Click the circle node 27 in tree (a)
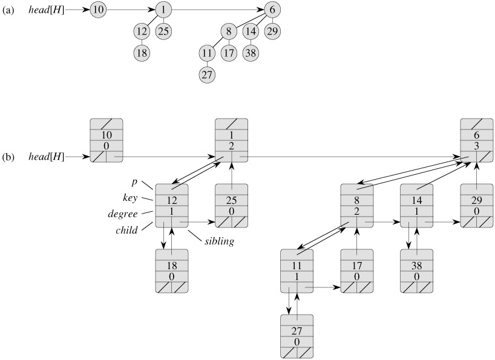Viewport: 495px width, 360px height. click(207, 76)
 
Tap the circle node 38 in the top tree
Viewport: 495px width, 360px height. click(251, 53)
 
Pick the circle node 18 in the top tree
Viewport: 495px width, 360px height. click(142, 53)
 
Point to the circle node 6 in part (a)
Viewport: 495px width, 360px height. click(272, 10)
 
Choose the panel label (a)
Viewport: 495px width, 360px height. click(9, 10)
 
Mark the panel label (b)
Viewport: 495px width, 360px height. click(9, 157)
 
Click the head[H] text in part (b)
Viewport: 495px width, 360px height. click(46, 157)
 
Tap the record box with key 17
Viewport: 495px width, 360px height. click(356, 272)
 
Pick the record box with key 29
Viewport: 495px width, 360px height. click(477, 206)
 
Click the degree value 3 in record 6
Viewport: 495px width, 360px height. click(477, 146)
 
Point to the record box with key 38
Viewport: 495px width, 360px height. click(417, 272)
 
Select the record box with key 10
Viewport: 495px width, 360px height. click(107, 140)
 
